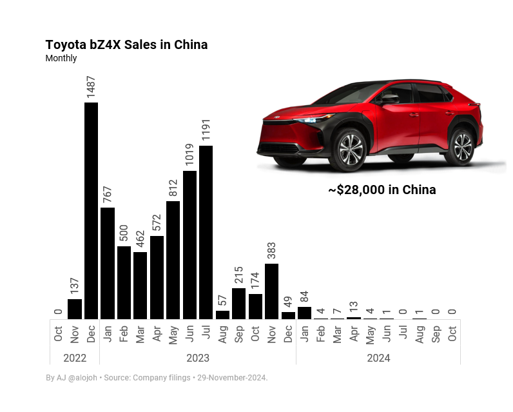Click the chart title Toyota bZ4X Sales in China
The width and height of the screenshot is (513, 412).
[126, 44]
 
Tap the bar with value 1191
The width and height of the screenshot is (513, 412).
[206, 232]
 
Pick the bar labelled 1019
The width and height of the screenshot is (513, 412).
[189, 244]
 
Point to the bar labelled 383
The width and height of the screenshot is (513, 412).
[271, 291]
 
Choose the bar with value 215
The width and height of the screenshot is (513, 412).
[238, 303]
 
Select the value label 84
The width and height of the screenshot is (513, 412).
[304, 297]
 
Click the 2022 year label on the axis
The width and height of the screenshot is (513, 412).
[75, 358]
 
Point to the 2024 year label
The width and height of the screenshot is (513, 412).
[378, 358]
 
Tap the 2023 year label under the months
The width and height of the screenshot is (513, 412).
[198, 358]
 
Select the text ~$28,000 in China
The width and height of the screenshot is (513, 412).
[382, 190]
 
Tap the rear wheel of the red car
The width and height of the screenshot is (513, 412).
[461, 146]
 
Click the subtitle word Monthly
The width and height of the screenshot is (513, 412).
[61, 58]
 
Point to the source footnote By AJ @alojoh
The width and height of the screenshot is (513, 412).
[72, 378]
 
